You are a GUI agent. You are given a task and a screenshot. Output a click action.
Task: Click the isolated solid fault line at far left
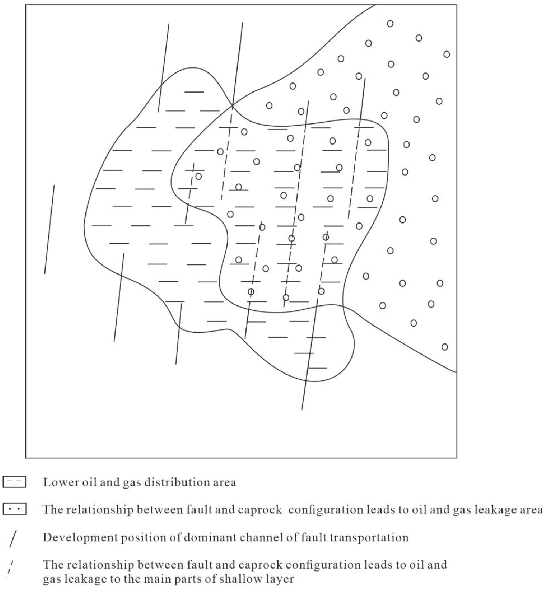[49, 229]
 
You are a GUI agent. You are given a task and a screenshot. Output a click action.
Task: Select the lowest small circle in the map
[445, 347]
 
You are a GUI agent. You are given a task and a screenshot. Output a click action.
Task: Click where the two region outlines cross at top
[232, 105]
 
